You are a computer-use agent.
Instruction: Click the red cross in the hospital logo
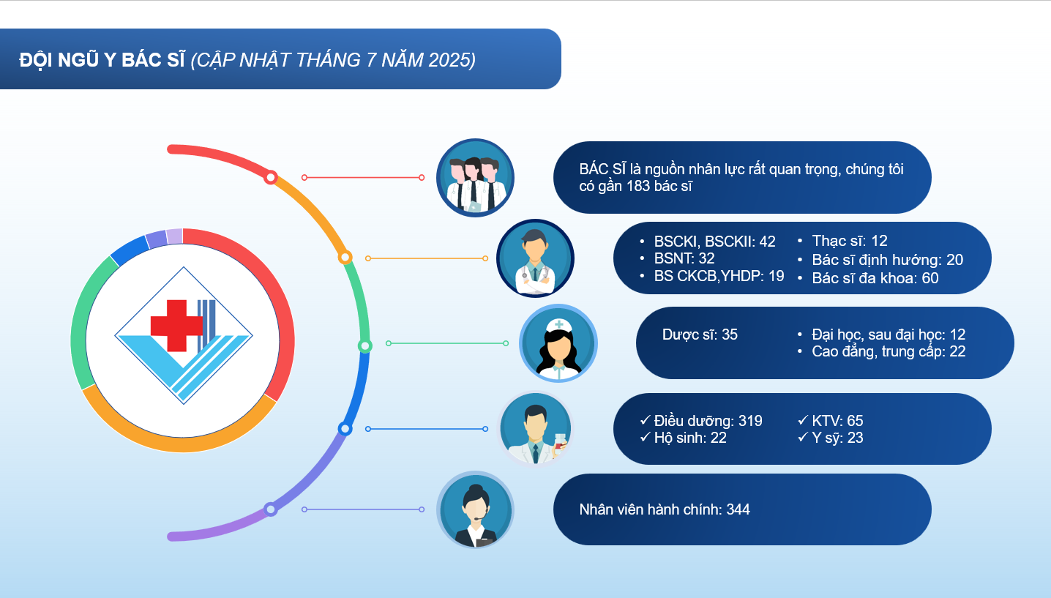click(x=176, y=325)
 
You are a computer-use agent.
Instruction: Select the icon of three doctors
click(x=475, y=177)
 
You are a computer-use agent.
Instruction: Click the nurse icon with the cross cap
click(x=558, y=343)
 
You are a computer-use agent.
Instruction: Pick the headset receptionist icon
click(x=475, y=509)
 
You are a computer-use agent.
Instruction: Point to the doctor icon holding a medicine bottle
click(x=535, y=428)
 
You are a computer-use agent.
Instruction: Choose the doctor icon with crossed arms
click(x=535, y=258)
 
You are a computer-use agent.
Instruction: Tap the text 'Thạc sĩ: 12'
click(x=850, y=241)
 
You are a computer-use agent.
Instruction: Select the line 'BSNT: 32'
click(x=684, y=258)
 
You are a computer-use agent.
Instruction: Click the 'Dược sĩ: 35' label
click(x=700, y=334)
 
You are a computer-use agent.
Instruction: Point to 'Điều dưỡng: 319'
click(x=708, y=421)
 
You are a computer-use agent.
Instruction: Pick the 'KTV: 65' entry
click(x=837, y=421)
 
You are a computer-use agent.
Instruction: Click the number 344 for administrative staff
click(x=738, y=509)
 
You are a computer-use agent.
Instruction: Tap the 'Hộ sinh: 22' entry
click(x=690, y=438)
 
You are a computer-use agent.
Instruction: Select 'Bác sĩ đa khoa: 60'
click(x=875, y=278)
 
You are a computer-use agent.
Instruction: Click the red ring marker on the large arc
click(x=271, y=177)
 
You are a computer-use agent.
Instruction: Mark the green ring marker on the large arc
click(x=365, y=346)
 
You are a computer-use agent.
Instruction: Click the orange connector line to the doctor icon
click(x=427, y=258)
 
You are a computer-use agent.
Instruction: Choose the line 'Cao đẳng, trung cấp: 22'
click(x=889, y=351)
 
